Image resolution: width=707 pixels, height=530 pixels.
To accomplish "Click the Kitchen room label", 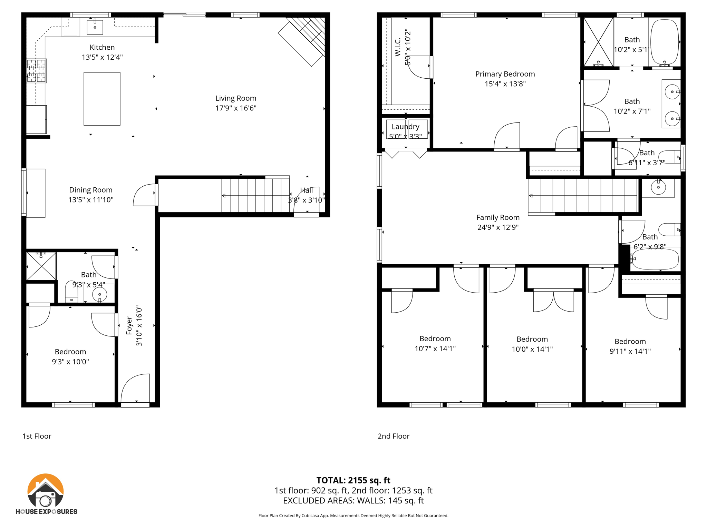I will click(102, 48).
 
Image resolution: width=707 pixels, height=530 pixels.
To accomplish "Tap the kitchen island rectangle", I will click(102, 99).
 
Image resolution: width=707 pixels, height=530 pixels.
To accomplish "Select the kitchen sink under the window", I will click(95, 27).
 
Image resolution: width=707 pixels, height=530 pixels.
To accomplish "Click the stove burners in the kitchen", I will click(37, 71).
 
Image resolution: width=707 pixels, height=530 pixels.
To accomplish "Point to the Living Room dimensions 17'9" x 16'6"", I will click(236, 108).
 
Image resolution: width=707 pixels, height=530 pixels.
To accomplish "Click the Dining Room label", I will click(90, 190).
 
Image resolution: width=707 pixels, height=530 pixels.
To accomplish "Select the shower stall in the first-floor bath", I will click(41, 266).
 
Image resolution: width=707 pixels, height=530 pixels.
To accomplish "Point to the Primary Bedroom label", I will click(505, 74).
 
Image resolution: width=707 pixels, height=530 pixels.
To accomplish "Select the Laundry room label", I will click(405, 127).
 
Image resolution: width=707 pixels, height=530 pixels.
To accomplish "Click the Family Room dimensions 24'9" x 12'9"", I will click(498, 227).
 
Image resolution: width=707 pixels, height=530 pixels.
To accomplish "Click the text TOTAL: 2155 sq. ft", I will click(353, 480).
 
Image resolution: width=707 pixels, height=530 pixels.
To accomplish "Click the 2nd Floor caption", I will click(393, 436).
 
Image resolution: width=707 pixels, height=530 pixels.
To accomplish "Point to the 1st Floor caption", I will click(37, 436).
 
